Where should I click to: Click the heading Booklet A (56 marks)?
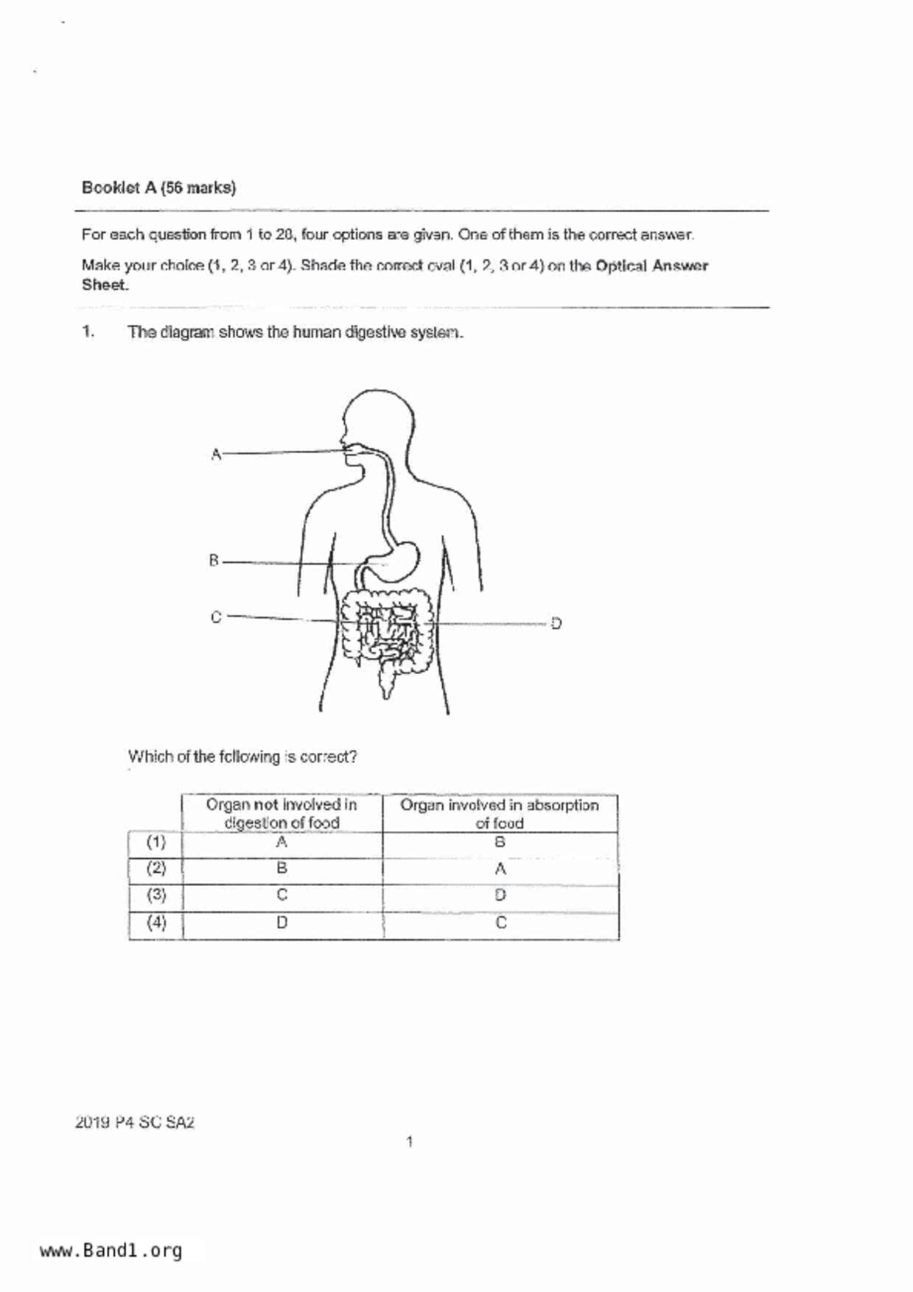click(x=158, y=188)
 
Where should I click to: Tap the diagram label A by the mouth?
click(x=215, y=454)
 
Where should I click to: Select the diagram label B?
click(x=214, y=561)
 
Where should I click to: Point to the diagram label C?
click(x=215, y=617)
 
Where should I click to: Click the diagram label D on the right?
click(x=556, y=624)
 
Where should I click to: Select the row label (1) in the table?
click(x=155, y=842)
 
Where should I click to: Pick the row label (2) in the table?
click(x=155, y=868)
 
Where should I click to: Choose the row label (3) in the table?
click(x=155, y=895)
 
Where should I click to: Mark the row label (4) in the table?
click(x=155, y=922)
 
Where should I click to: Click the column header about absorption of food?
click(x=500, y=814)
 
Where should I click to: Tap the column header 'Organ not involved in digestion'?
click(x=281, y=814)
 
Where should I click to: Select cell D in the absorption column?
click(x=500, y=895)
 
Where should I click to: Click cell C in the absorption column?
click(x=501, y=922)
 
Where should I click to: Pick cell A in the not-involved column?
click(x=281, y=842)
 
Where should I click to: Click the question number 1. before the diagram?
click(x=88, y=332)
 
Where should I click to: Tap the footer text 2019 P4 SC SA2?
click(x=135, y=1123)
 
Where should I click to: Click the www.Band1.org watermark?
click(x=111, y=1251)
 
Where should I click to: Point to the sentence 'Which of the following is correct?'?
click(x=242, y=756)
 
